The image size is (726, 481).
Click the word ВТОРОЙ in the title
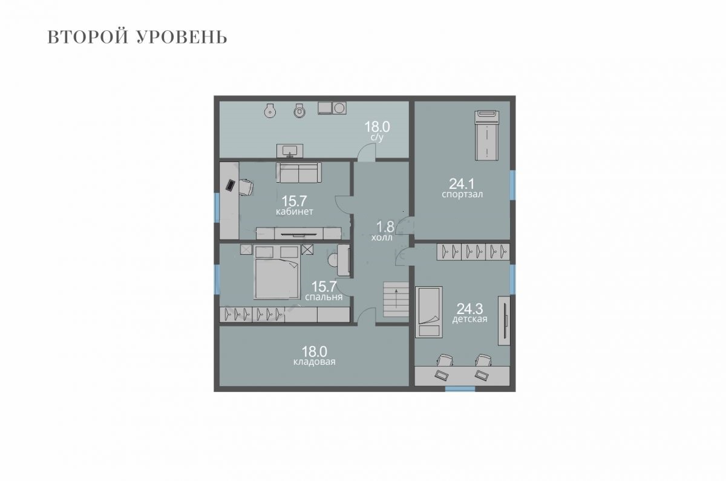click(x=87, y=37)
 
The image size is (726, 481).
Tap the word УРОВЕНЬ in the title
click(x=182, y=37)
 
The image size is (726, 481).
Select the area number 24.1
click(x=462, y=184)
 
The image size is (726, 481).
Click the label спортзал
click(x=462, y=194)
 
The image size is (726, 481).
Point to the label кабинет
click(x=294, y=212)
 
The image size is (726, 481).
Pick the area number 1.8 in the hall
click(x=385, y=226)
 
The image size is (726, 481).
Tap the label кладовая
click(x=314, y=362)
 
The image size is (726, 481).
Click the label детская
click(x=469, y=319)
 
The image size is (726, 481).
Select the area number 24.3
click(x=469, y=309)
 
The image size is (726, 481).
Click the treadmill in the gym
click(x=487, y=136)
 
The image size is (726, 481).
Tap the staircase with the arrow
click(x=396, y=299)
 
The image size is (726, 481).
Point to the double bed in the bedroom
click(x=276, y=272)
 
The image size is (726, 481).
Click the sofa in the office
click(x=298, y=172)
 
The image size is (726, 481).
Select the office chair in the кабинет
click(x=246, y=188)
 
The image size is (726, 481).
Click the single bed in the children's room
click(x=429, y=312)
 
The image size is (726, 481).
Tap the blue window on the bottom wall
click(x=460, y=388)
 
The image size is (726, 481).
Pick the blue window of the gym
click(x=512, y=185)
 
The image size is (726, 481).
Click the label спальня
click(x=324, y=297)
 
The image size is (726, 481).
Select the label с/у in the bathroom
click(x=378, y=137)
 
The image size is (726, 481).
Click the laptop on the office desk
click(x=230, y=185)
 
